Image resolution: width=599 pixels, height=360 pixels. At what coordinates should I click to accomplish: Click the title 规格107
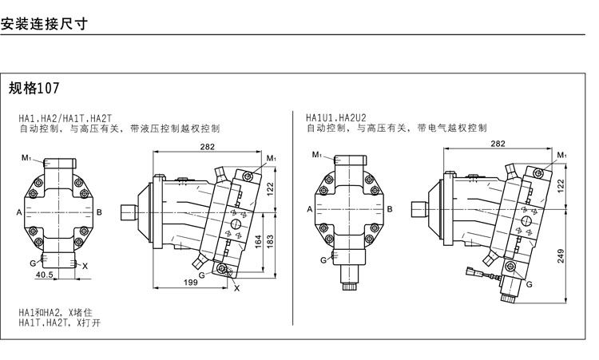tap(35, 87)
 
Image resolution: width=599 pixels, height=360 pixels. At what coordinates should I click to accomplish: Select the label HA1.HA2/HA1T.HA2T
tap(65, 118)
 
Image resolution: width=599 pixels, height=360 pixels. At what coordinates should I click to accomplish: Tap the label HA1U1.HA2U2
tap(336, 118)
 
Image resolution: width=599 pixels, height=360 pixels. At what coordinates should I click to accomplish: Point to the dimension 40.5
tap(45, 275)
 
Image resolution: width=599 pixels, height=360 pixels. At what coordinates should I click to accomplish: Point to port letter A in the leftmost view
tap(18, 212)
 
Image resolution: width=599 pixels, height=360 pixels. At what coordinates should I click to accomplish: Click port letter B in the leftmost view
tap(99, 212)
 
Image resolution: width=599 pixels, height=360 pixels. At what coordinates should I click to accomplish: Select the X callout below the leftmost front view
tap(85, 265)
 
